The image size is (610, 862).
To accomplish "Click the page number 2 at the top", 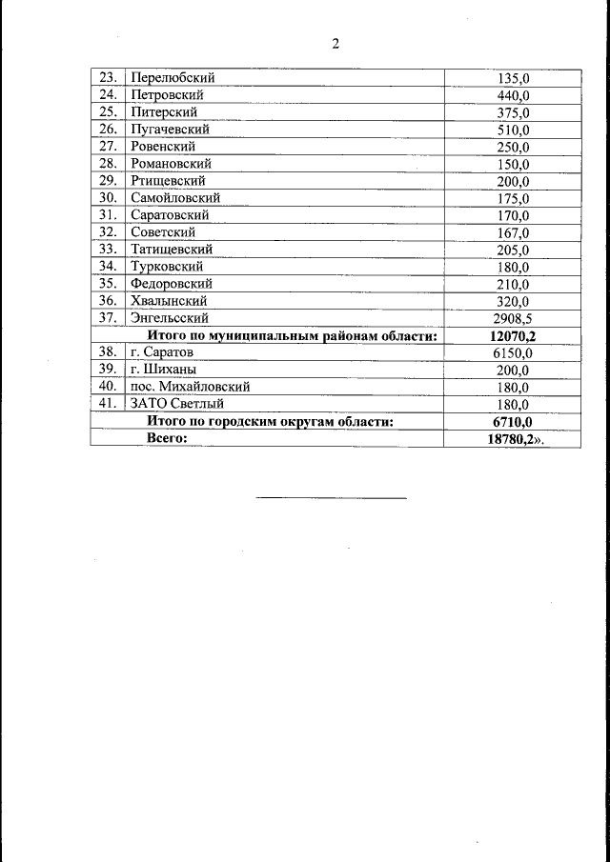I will point(335,44).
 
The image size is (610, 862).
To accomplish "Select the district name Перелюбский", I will point(173,77).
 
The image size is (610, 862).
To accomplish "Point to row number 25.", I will point(108,112).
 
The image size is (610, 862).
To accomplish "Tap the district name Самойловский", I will point(175,198).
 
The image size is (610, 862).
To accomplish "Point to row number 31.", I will point(108,215).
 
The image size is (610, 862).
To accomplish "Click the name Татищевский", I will point(172,250).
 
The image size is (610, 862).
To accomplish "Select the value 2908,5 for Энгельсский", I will point(512,318).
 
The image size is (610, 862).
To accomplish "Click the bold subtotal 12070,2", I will point(513,335).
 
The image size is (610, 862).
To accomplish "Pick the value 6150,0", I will point(513,352).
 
